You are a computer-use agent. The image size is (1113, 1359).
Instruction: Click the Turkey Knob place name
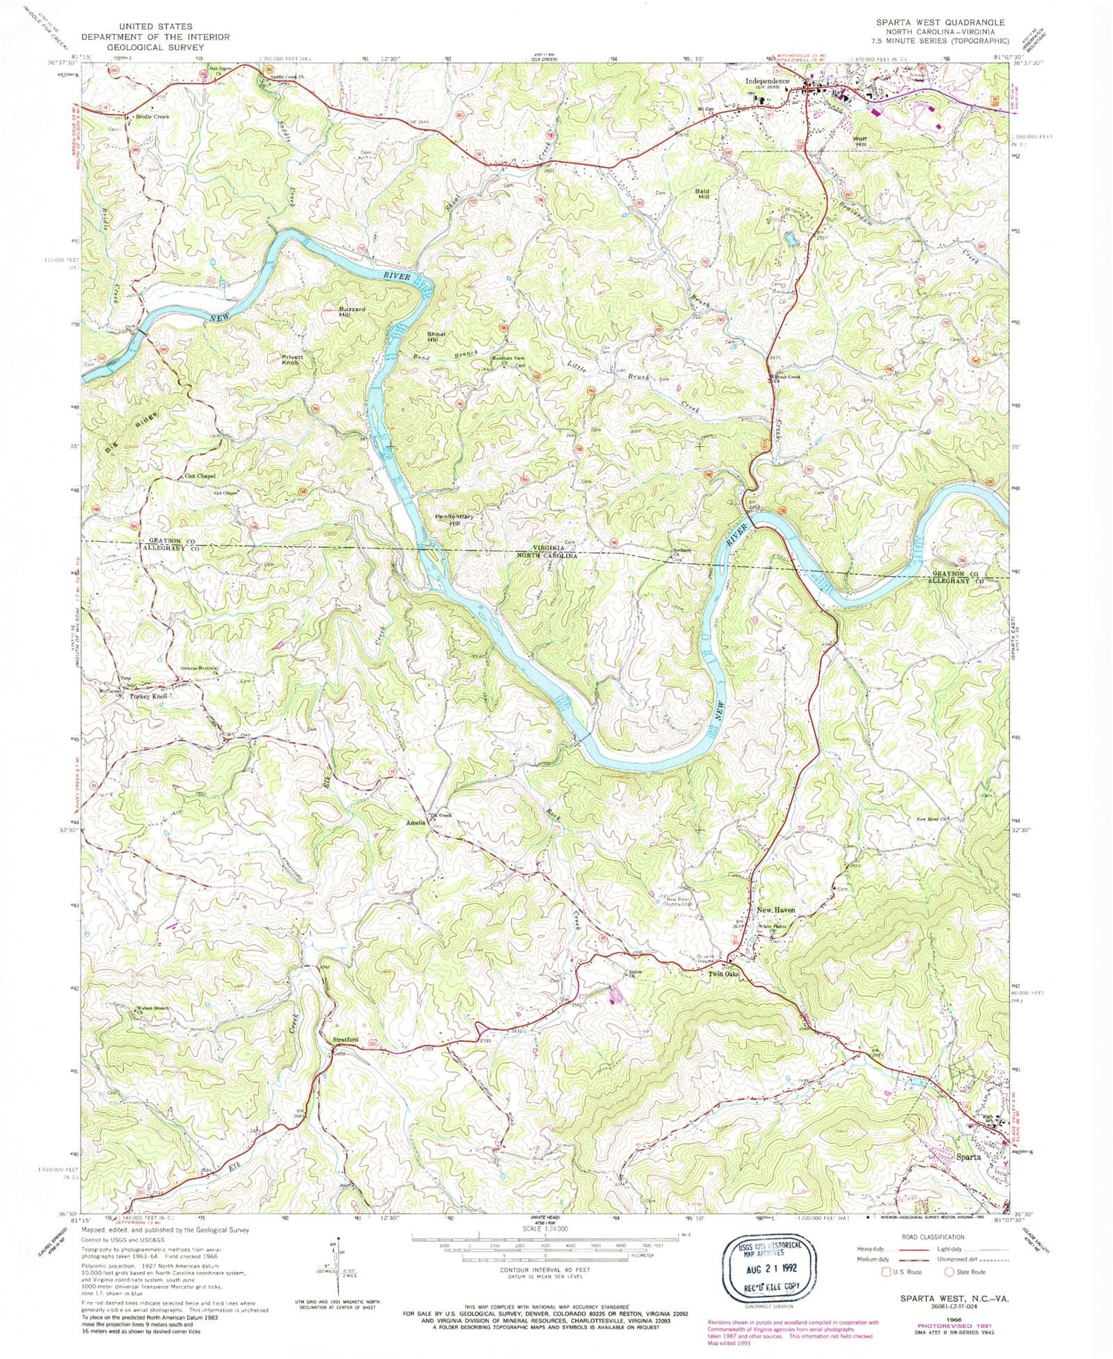pyautogui.click(x=148, y=697)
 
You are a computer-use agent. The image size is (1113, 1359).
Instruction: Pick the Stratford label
pyautogui.click(x=344, y=1040)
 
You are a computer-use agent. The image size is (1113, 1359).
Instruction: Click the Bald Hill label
pyautogui.click(x=703, y=194)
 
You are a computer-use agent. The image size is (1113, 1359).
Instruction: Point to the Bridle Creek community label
pyautogui.click(x=151, y=117)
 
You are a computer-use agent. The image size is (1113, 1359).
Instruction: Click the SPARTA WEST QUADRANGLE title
pyautogui.click(x=939, y=22)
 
